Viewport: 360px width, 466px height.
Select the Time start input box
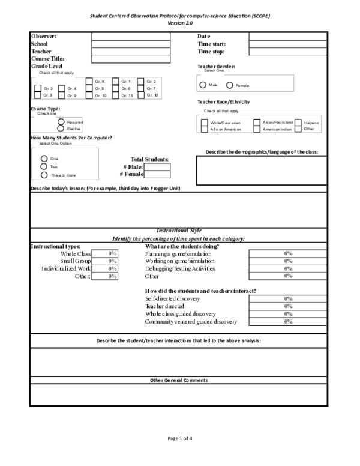(x=288, y=44)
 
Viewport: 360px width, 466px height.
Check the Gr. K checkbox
(x=89, y=82)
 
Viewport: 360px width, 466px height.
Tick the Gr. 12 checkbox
(x=141, y=95)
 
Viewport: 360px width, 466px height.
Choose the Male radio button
(x=203, y=85)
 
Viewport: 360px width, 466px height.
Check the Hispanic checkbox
(x=298, y=122)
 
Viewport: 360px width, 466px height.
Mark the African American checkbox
(x=205, y=129)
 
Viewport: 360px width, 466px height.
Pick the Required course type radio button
(x=61, y=122)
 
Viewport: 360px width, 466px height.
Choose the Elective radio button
(x=61, y=129)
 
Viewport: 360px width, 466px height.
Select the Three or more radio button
(x=43, y=175)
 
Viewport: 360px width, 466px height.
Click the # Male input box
(x=157, y=166)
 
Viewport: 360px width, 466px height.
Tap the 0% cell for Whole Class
(x=112, y=254)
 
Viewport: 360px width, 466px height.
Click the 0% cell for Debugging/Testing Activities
(x=288, y=269)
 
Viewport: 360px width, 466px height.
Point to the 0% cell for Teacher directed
(x=288, y=306)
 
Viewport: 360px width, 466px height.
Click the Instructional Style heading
(x=179, y=231)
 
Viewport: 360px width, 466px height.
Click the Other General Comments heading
(x=179, y=380)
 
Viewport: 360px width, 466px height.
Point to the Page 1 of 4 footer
(x=180, y=439)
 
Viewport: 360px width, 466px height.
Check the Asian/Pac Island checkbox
(x=257, y=122)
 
